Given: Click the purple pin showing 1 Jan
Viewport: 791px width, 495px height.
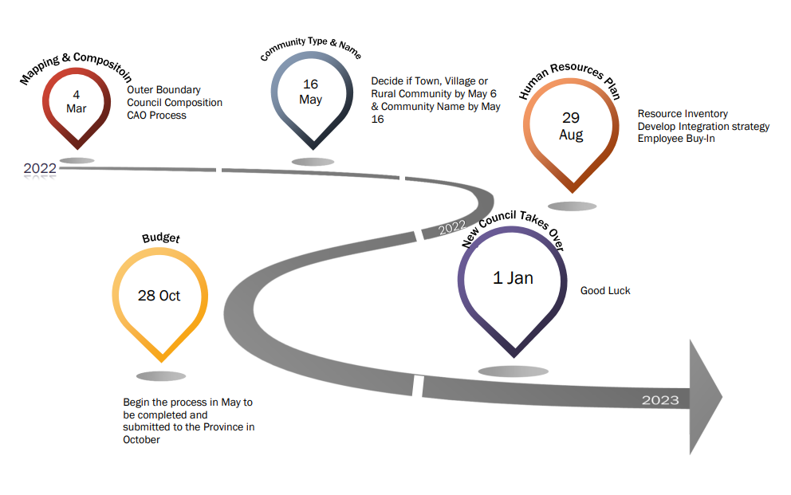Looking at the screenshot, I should pyautogui.click(x=513, y=281).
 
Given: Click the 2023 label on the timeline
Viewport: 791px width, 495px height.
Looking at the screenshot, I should pyautogui.click(x=660, y=400).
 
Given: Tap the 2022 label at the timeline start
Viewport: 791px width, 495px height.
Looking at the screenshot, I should pyautogui.click(x=40, y=168).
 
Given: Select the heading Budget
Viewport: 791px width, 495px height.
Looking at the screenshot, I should pyautogui.click(x=161, y=238).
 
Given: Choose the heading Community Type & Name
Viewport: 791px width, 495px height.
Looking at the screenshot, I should pyautogui.click(x=311, y=51).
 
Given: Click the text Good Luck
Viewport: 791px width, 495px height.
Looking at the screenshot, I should pyautogui.click(x=605, y=291).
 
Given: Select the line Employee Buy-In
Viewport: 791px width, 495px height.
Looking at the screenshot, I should pyautogui.click(x=676, y=139).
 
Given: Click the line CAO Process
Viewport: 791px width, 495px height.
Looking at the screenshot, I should pyautogui.click(x=156, y=115).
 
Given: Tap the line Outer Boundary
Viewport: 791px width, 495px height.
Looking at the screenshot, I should pyautogui.click(x=163, y=90).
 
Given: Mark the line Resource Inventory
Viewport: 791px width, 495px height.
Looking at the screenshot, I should pyautogui.click(x=683, y=114).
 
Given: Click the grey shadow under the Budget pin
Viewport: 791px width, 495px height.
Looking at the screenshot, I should pyautogui.click(x=161, y=376).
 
